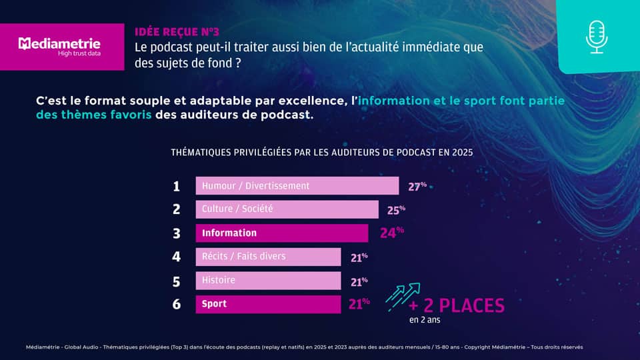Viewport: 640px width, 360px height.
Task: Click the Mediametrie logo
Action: point(61,47)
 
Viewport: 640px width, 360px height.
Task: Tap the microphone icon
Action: point(597,37)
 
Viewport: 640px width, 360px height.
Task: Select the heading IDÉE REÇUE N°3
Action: point(177,31)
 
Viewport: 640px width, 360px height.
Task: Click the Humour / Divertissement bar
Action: point(297,186)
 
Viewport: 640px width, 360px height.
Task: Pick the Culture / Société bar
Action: point(287,209)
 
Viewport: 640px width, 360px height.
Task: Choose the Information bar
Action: point(281,233)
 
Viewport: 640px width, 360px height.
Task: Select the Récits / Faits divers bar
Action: point(268,257)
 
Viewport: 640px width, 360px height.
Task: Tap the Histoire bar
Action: point(268,281)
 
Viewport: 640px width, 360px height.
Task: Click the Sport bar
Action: point(268,304)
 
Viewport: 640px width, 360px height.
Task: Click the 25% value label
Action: point(396,211)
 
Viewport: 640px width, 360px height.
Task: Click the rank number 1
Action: point(177,186)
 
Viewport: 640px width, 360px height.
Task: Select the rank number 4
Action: point(177,257)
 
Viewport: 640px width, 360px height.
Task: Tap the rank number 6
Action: point(177,304)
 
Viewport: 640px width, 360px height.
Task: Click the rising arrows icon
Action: point(403,295)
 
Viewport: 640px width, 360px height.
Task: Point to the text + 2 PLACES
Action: point(457,306)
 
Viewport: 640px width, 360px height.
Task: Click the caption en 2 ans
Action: point(425,320)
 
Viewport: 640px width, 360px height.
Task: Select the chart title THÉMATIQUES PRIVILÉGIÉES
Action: point(321,152)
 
